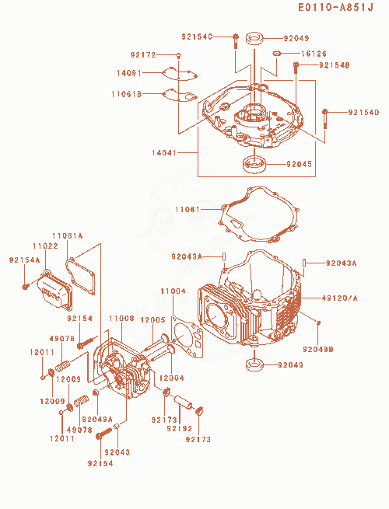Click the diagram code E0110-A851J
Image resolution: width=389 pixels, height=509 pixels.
click(335, 8)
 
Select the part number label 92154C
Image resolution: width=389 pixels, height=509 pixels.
click(197, 37)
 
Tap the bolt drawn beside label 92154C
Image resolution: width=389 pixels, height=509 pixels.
click(236, 41)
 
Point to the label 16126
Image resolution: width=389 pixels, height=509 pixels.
click(314, 54)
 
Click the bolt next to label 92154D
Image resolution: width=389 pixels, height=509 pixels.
click(324, 119)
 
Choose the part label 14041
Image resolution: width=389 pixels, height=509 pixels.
click(164, 152)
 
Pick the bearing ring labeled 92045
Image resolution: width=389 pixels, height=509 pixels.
click(254, 164)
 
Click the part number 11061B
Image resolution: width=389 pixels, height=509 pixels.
click(126, 94)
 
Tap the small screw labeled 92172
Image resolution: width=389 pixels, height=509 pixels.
click(179, 55)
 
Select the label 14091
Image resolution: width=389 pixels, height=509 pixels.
click(129, 73)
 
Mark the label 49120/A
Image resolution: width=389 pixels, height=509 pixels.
click(339, 298)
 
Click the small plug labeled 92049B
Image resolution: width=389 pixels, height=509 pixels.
click(319, 322)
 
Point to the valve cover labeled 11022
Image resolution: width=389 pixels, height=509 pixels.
click(54, 290)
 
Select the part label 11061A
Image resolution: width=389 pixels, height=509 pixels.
click(68, 235)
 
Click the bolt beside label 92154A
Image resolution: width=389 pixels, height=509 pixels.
click(26, 286)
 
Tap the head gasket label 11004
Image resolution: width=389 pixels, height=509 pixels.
click(173, 291)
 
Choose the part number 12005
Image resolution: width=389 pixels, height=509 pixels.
click(152, 319)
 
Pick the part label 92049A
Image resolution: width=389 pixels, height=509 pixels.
click(97, 419)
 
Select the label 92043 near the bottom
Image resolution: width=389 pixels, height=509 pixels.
click(117, 451)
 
